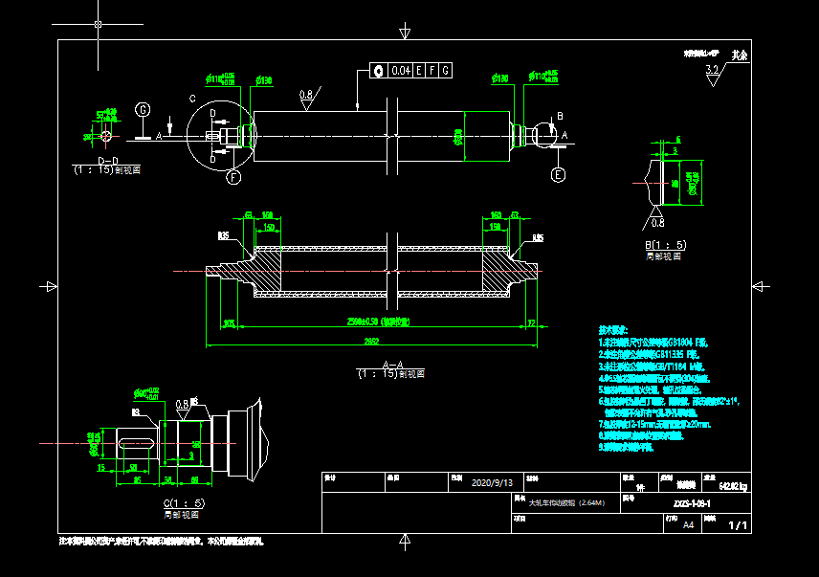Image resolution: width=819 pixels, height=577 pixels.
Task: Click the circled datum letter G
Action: [x=143, y=110]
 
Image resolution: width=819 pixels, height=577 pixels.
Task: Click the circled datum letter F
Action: [x=232, y=176]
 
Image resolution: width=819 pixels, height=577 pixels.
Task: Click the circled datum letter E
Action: [x=559, y=174]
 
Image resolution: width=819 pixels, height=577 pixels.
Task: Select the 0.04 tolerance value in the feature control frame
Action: [x=401, y=71]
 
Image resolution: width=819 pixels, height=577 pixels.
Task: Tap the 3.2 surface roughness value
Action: [x=711, y=70]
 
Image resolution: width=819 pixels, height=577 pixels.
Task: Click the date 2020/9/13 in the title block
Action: [x=493, y=482]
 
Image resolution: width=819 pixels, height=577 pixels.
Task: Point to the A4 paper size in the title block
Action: [x=688, y=524]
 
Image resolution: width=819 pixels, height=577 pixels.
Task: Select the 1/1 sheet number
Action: [x=738, y=525]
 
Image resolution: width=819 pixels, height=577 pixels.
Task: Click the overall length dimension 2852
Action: [x=370, y=340]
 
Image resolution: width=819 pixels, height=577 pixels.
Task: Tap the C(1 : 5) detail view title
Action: [x=184, y=503]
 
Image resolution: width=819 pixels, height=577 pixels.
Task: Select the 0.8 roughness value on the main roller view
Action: [x=306, y=95]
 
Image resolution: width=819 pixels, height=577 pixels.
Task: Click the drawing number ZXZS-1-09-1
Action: [x=692, y=502]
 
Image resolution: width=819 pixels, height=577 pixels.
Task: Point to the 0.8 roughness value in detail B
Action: [x=657, y=223]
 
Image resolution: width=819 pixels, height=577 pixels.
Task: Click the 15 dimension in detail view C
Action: [x=101, y=468]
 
